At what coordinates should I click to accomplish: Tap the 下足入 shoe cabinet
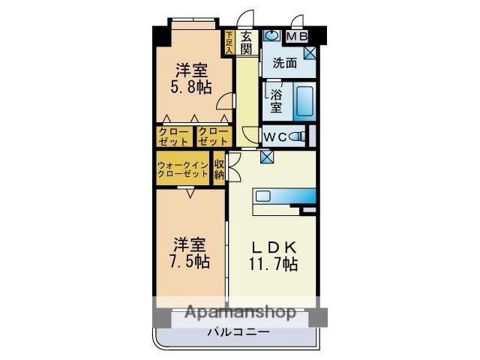[229, 41]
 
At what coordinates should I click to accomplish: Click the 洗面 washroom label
[285, 64]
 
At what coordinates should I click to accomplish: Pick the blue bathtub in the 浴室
[304, 103]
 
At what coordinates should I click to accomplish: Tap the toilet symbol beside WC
[298, 136]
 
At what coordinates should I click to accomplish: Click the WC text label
[275, 137]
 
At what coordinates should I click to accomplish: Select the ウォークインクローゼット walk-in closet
[182, 168]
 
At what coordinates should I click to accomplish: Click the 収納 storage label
[219, 169]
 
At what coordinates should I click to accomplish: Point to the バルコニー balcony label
[238, 332]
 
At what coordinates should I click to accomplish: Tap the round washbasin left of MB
[271, 35]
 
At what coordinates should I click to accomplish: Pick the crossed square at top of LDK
[267, 157]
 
